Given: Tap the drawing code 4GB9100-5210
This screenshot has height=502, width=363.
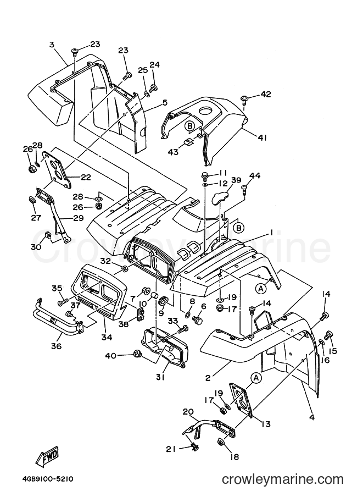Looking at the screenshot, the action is coord(48,479).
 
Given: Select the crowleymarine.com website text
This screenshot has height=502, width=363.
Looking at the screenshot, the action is coord(283,479).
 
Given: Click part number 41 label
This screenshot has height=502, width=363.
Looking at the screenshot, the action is coord(263,138).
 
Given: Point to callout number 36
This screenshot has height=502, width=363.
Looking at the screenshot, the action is coord(56,346).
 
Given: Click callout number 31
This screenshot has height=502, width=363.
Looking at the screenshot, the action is coord(160,377).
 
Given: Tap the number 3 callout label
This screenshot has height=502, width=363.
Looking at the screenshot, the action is coord(52,45).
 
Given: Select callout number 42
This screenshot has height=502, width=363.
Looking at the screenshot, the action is coord(265,94).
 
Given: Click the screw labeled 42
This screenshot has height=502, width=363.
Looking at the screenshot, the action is coord(245,100).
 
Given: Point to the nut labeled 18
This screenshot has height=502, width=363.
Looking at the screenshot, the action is coord(221,443).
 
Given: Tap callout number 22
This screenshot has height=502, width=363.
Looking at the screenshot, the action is coord(85,177).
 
